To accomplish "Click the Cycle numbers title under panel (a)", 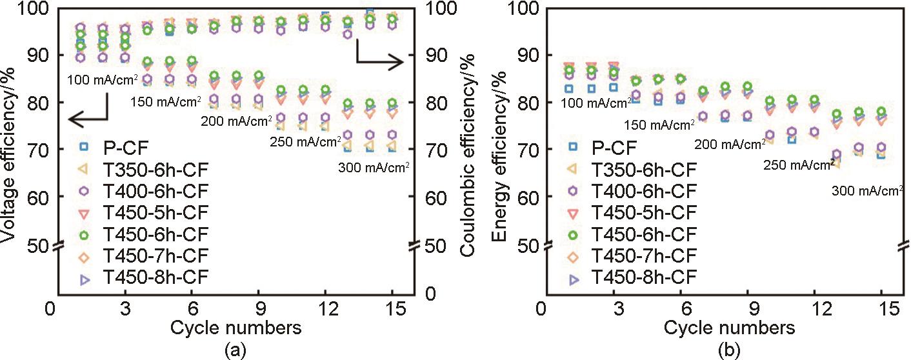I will tap(236, 328).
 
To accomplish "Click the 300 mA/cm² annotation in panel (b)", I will tap(866, 190).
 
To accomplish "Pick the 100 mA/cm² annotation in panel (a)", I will tap(103, 80).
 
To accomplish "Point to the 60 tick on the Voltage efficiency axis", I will tap(36, 197).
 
